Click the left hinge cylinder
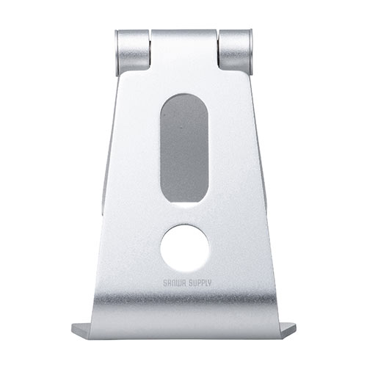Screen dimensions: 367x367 pyautogui.click(x=132, y=51)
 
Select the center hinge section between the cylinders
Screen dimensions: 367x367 pyautogui.click(x=183, y=49)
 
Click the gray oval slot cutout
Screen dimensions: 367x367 pyautogui.click(x=184, y=148)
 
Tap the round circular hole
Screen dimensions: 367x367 pyautogui.click(x=184, y=248)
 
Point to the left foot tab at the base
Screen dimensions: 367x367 pyautogui.click(x=81, y=330)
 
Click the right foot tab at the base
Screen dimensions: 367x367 pyautogui.click(x=288, y=330)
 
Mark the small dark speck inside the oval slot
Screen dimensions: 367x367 pyautogui.click(x=181, y=127)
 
